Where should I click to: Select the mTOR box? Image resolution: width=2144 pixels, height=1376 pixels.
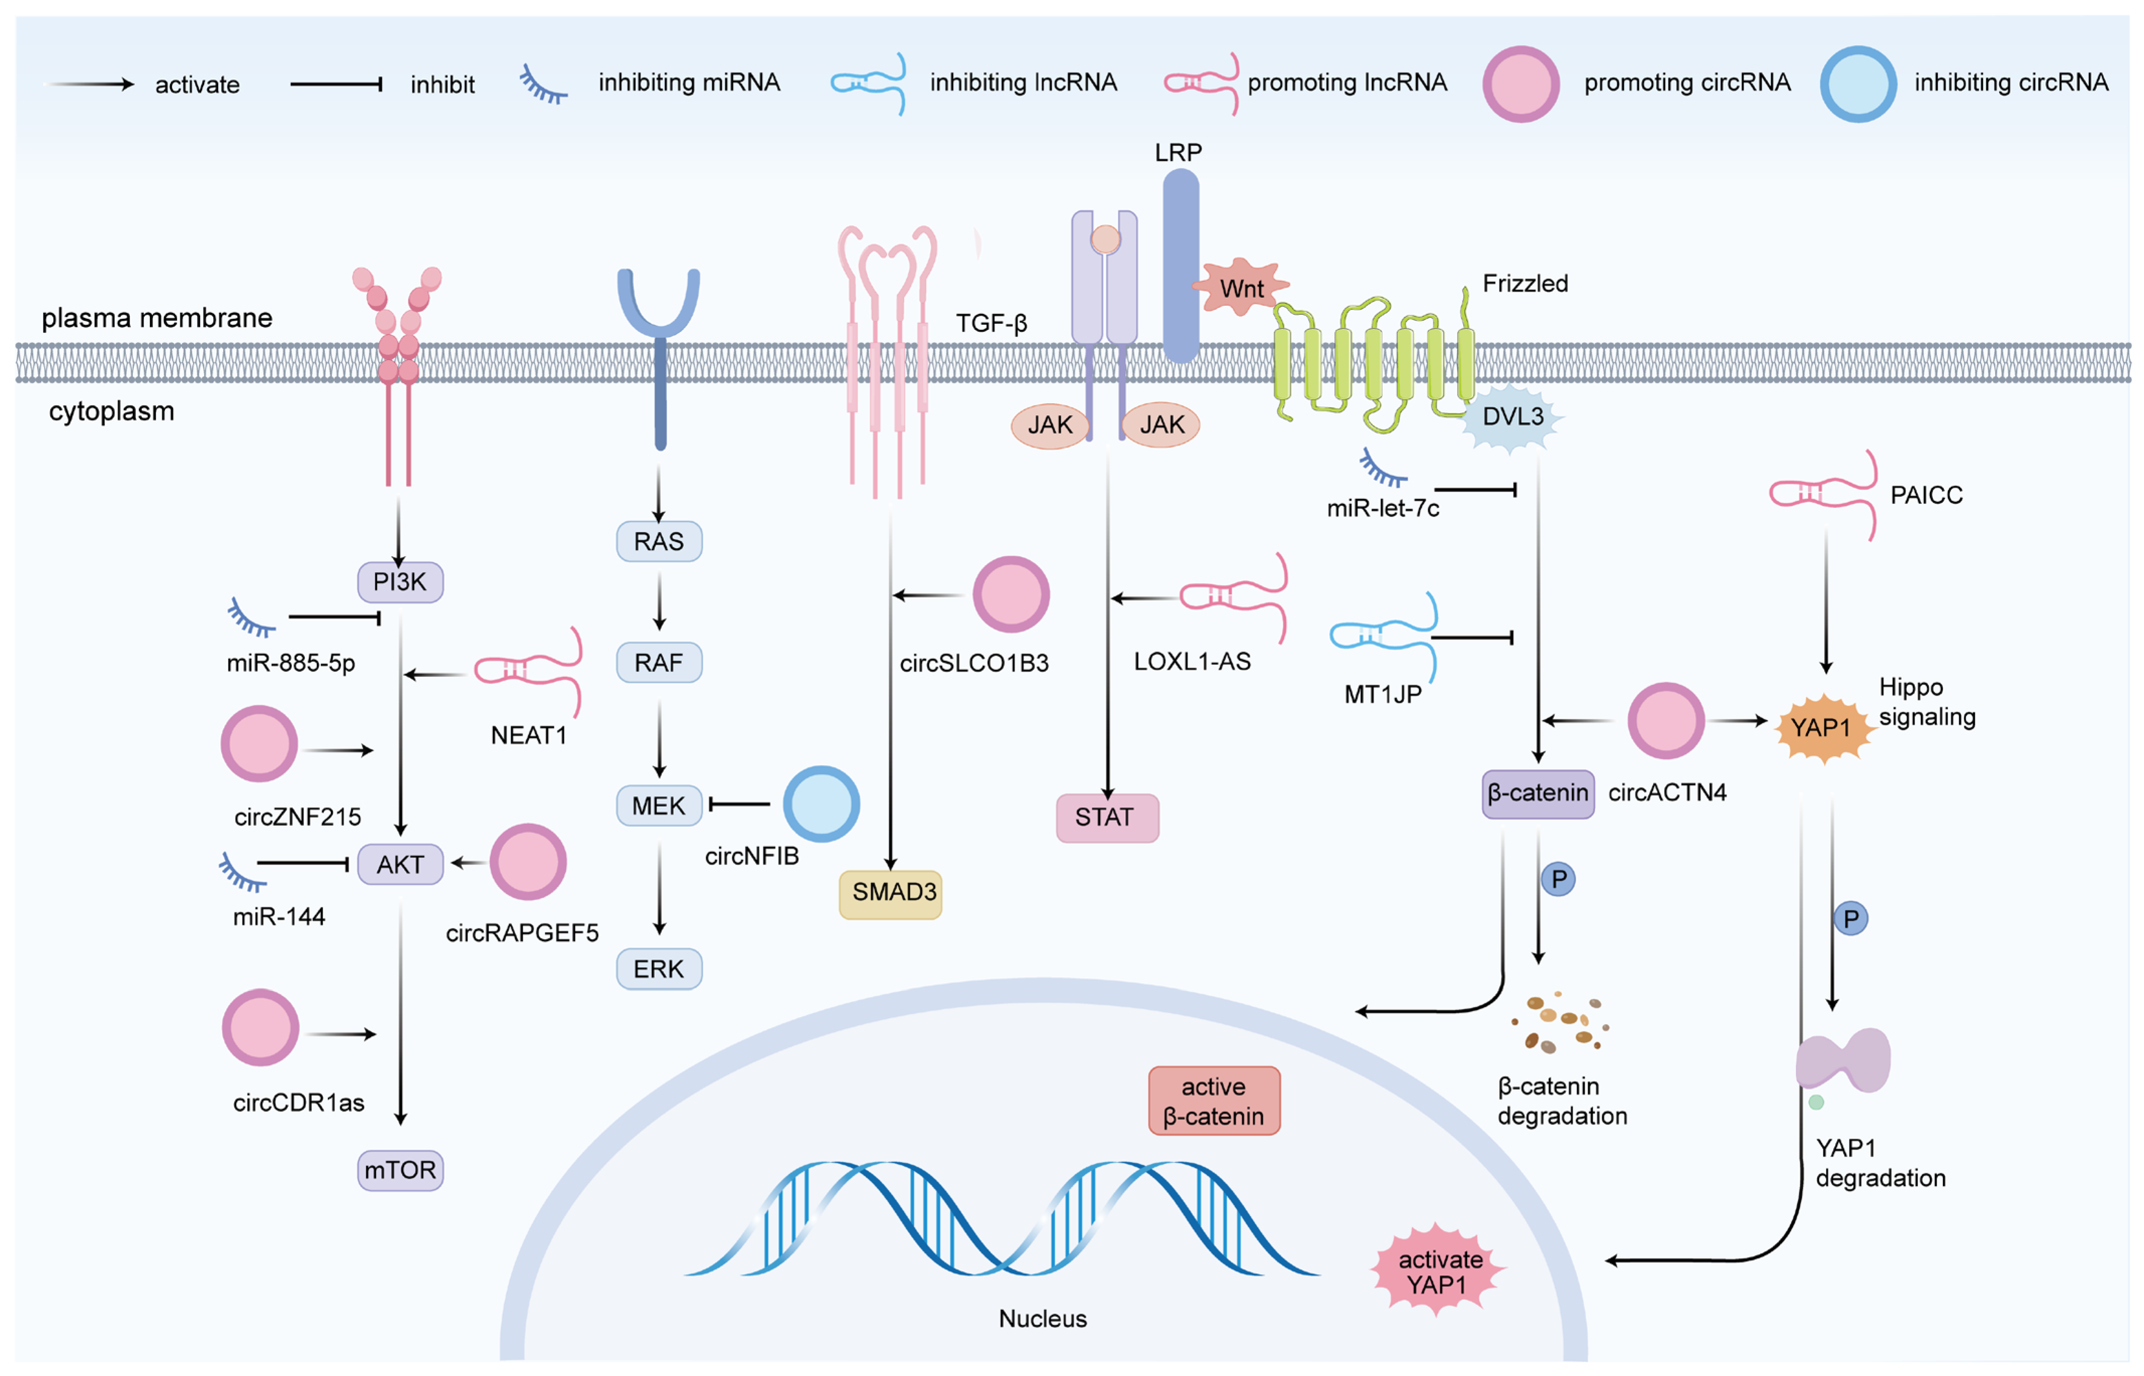point(400,1170)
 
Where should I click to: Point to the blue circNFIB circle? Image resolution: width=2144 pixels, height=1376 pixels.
point(821,803)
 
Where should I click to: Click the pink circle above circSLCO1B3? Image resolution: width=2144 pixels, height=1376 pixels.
point(1010,594)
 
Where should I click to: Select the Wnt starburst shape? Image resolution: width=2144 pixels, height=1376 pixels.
point(1240,288)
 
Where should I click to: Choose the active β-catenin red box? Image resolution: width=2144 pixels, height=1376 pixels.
point(1213,1101)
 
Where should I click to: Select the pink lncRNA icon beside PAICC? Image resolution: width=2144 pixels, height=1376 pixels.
point(1823,493)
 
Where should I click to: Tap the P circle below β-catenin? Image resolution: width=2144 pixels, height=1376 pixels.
point(1558,879)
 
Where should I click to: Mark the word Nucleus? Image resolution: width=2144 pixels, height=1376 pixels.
point(1043,1318)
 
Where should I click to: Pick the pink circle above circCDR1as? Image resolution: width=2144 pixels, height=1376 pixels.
point(260,1027)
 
